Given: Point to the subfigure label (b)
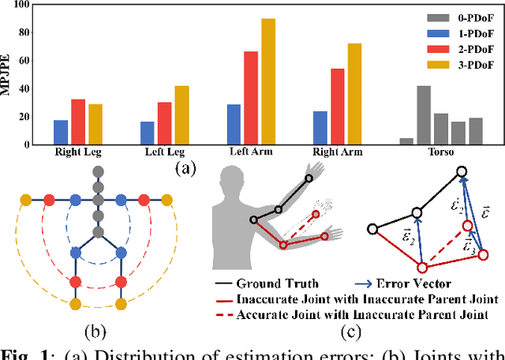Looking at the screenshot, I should pyautogui.click(x=98, y=323).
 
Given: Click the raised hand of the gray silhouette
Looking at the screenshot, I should pyautogui.click(x=316, y=169).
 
